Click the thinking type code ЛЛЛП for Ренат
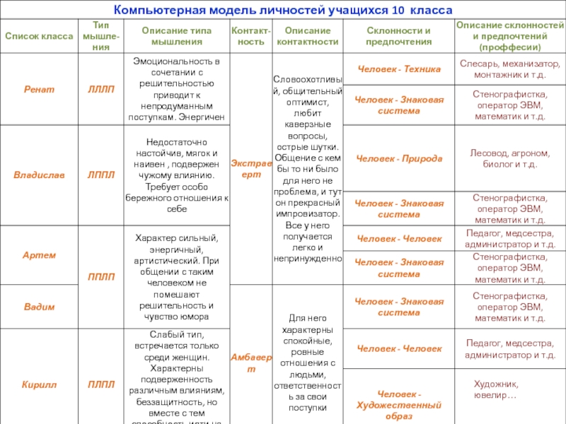click(x=100, y=90)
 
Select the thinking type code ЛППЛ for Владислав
click(x=100, y=175)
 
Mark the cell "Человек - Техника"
click(x=399, y=69)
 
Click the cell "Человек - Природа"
click(x=399, y=158)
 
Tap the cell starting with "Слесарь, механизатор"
click(x=509, y=69)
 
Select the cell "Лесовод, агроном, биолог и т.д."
click(x=509, y=158)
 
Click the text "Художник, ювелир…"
click(x=495, y=389)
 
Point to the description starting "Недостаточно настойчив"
click(x=176, y=175)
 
